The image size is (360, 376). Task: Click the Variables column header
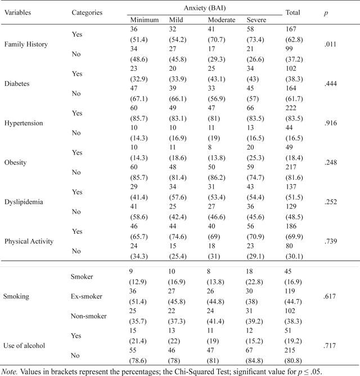tap(18, 12)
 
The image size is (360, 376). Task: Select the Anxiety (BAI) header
tap(205, 8)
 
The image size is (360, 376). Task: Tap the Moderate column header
tap(222, 20)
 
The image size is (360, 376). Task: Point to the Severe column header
tap(256, 20)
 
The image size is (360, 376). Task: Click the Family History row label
tap(26, 44)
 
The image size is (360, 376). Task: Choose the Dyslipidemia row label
tap(24, 202)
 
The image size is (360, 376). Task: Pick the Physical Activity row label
tap(29, 241)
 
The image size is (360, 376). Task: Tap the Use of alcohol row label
tap(24, 346)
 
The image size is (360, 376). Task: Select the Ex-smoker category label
tap(87, 296)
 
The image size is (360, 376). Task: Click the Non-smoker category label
tap(88, 316)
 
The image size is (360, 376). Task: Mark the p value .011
tap(330, 44)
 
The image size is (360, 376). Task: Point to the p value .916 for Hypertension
tap(331, 123)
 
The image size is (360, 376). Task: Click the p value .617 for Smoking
tap(330, 296)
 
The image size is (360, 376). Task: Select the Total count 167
tap(291, 29)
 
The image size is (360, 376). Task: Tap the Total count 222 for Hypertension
tap(291, 108)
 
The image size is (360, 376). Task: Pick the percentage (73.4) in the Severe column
tap(255, 39)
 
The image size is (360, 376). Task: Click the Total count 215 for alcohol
tap(290, 350)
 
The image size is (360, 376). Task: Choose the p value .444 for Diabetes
tap(331, 84)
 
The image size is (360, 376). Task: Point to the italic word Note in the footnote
tap(10, 372)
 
